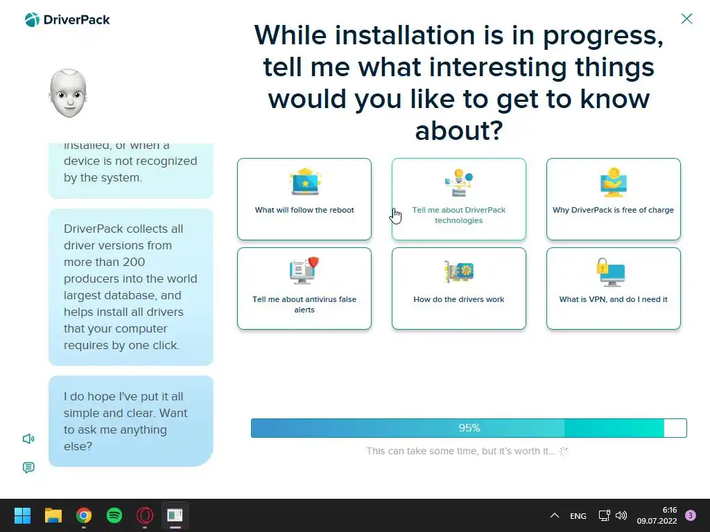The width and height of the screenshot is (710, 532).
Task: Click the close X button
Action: [686, 19]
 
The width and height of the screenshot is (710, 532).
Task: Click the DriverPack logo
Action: [67, 20]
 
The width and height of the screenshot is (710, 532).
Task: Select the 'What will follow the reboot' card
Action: [304, 199]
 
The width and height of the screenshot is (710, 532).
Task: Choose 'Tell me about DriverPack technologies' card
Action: [459, 199]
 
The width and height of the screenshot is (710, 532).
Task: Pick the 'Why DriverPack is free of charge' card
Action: [614, 199]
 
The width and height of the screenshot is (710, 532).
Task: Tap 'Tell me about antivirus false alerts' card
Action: [304, 289]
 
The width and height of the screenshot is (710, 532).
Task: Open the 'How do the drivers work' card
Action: [459, 289]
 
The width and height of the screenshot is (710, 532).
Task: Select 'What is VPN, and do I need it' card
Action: [614, 289]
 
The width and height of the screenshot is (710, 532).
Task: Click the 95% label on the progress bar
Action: [469, 428]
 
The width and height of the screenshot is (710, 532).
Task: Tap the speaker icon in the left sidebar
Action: [28, 438]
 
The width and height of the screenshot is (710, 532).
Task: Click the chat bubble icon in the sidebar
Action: [28, 468]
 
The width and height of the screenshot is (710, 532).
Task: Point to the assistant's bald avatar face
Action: [68, 94]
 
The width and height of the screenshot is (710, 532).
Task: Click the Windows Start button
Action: [22, 515]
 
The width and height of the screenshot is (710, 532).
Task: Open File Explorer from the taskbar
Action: [53, 515]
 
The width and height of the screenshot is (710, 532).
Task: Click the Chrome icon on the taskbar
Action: [84, 515]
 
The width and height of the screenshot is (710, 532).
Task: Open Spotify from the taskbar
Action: [114, 515]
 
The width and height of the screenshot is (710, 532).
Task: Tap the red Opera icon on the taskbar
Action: [145, 515]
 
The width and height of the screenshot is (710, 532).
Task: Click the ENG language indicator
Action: [578, 515]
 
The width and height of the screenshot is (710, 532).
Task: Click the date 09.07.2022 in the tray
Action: [657, 521]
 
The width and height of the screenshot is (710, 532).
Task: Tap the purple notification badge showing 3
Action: [691, 515]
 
